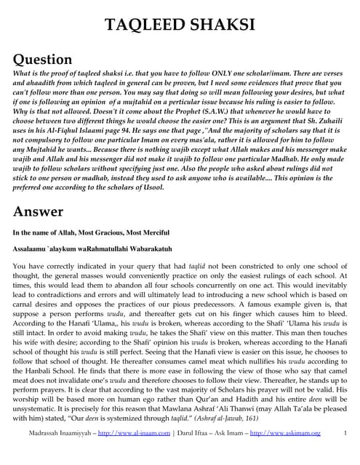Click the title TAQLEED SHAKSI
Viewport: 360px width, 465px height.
[x=180, y=25]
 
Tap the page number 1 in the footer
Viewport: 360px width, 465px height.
[x=345, y=454]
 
